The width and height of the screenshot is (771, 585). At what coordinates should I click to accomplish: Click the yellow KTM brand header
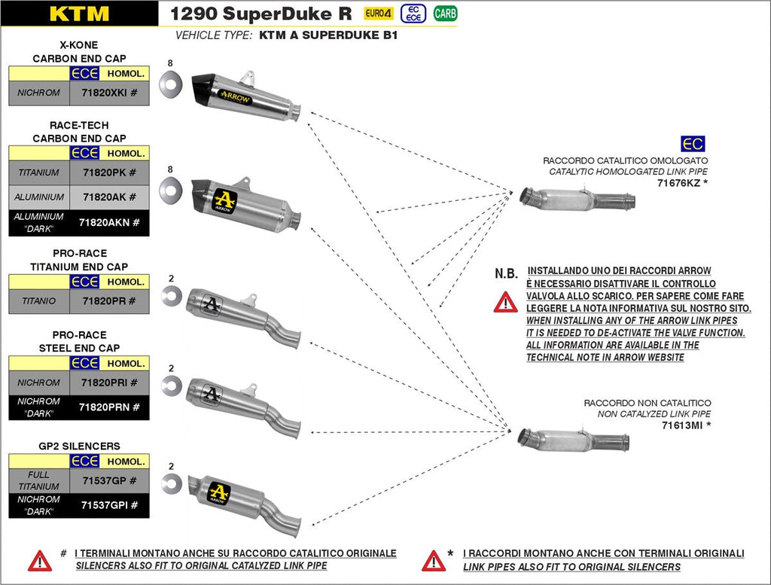pyautogui.click(x=79, y=14)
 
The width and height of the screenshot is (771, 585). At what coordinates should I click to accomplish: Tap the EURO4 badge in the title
pyautogui.click(x=379, y=14)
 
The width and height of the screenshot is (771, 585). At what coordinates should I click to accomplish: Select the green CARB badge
pyautogui.click(x=445, y=14)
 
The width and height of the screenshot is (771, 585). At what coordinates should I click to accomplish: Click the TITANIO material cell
pyautogui.click(x=39, y=301)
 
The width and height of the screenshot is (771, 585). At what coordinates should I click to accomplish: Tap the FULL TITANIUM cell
pyautogui.click(x=39, y=480)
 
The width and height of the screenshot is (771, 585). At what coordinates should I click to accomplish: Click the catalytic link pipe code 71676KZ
pyautogui.click(x=682, y=183)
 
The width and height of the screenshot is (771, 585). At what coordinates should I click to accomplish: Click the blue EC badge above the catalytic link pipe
pyautogui.click(x=693, y=145)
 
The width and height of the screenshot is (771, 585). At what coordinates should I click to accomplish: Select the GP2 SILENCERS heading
pyautogui.click(x=79, y=446)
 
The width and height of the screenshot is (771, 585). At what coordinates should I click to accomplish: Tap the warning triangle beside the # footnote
pyautogui.click(x=39, y=560)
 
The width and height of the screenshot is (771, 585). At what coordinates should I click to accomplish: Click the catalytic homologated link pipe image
pyautogui.click(x=577, y=200)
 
